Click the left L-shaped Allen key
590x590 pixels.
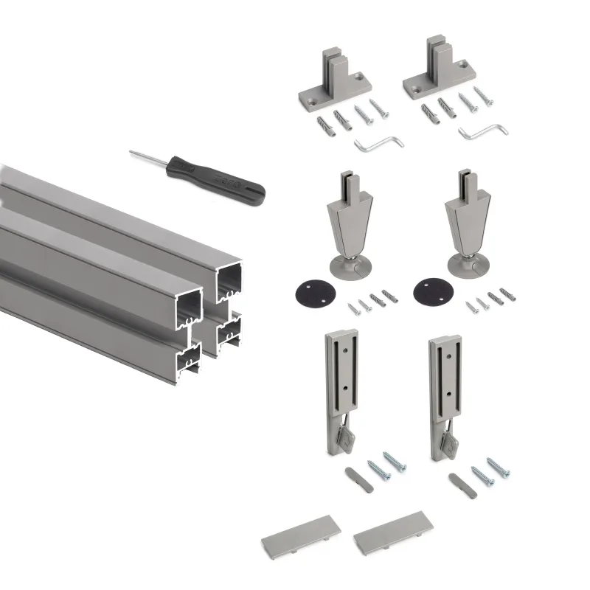click(x=379, y=142)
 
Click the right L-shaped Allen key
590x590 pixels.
click(x=483, y=133)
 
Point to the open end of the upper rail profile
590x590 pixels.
click(x=229, y=280)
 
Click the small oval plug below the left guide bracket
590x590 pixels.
click(x=356, y=473)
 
